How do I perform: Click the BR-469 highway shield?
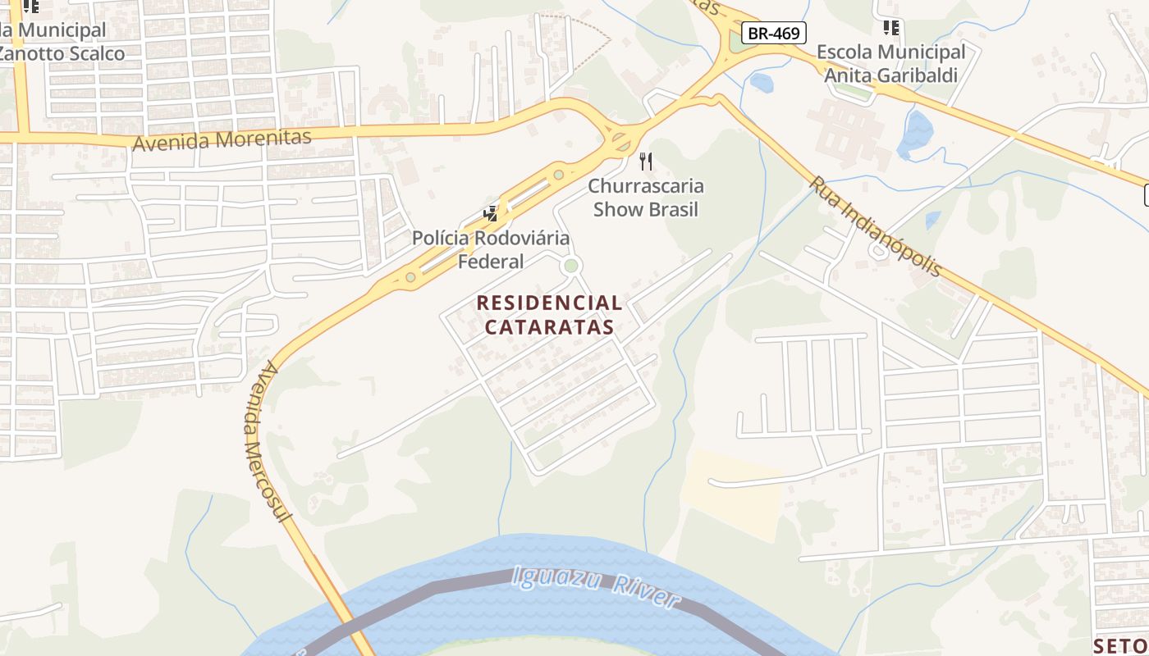[774, 33]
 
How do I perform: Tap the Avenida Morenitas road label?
[222, 139]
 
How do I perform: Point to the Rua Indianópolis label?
[875, 226]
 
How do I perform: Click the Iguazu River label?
[596, 587]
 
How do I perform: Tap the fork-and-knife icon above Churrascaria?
[646, 161]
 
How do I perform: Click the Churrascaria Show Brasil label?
[646, 198]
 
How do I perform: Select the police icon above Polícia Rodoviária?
[491, 214]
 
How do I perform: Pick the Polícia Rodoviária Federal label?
[491, 250]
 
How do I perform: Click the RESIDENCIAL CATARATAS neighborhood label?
[549, 315]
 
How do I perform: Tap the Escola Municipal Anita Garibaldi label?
[890, 64]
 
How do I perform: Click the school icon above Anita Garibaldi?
[890, 28]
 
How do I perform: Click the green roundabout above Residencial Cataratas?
[570, 266]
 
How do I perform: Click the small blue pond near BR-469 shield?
[761, 82]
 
